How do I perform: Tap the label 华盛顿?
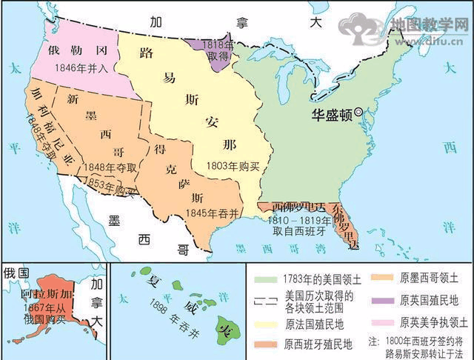point(331,114)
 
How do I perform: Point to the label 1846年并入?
point(81,66)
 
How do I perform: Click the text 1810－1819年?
point(281,221)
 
